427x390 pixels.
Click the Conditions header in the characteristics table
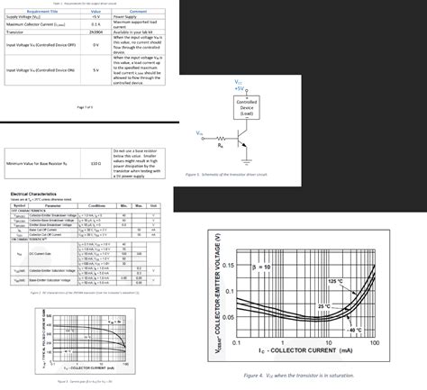point(97,205)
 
